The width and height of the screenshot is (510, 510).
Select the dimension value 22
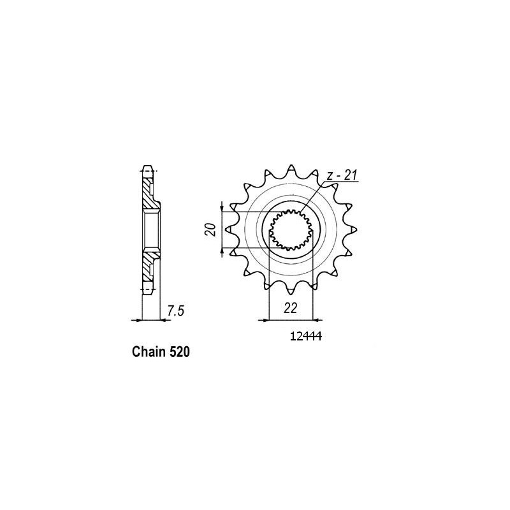click(x=291, y=308)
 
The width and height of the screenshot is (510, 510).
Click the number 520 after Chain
click(x=180, y=351)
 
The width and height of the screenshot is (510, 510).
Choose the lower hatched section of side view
click(x=149, y=264)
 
